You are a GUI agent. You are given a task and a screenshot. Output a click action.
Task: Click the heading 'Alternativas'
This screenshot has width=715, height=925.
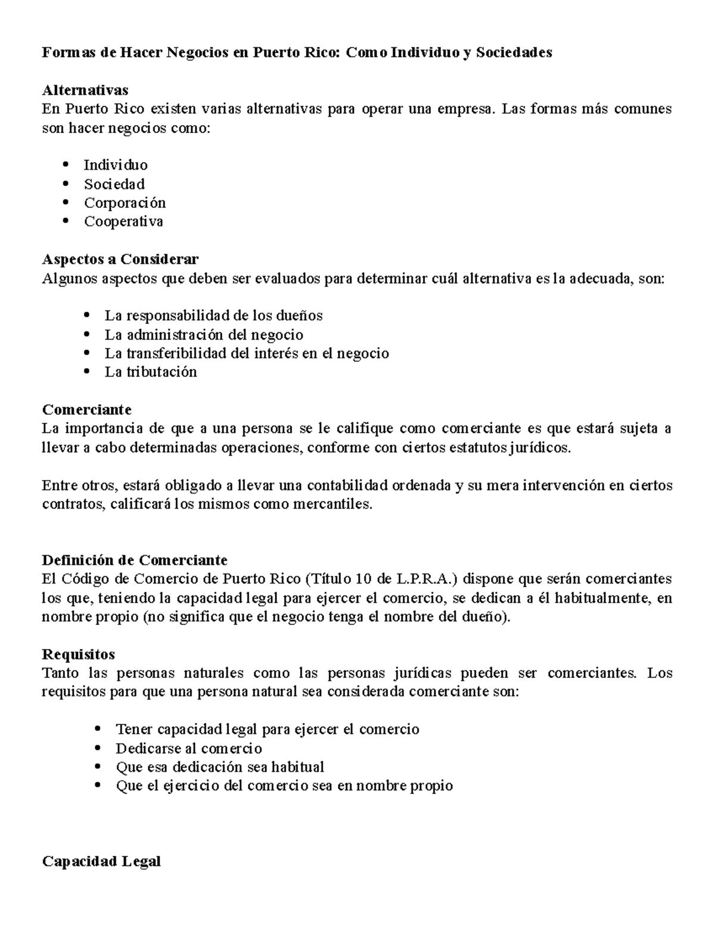85,91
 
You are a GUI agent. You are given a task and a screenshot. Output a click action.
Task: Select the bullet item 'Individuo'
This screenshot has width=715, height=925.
116,165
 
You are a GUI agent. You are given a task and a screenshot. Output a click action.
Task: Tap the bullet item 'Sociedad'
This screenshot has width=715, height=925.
114,184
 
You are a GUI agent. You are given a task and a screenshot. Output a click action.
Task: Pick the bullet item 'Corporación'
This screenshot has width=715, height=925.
125,203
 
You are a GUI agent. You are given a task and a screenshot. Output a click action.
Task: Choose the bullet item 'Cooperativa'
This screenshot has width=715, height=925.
123,222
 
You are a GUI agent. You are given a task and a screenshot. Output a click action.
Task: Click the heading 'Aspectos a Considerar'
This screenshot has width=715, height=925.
120,259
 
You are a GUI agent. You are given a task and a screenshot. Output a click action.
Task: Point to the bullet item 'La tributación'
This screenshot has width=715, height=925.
151,372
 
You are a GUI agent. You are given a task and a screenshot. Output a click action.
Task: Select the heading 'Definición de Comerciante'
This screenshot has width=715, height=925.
135,560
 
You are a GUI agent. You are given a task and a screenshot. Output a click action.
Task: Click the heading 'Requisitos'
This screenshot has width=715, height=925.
79,654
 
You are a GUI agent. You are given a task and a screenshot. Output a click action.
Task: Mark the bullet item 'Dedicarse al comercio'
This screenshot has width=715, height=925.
189,748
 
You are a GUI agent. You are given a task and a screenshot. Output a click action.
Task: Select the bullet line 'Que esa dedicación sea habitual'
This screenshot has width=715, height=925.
220,767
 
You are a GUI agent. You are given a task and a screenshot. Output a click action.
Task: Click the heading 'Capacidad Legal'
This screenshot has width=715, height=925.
101,861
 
